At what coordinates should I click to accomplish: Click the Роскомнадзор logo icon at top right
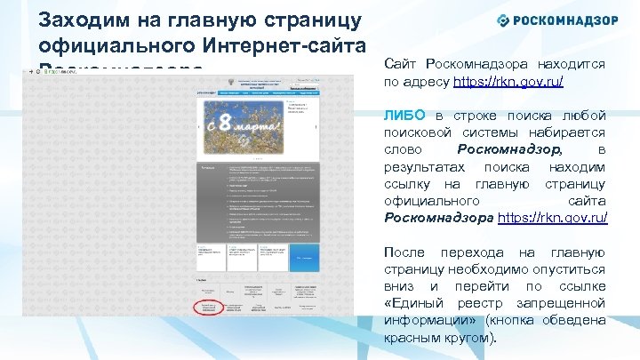coord(503,20)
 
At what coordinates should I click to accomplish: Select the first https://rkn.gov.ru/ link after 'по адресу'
coord(508,81)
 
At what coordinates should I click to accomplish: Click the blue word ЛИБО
coord(405,116)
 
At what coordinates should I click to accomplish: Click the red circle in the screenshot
coord(212,306)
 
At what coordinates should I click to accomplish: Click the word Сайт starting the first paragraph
coord(401,64)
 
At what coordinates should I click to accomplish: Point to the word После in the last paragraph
coord(404,252)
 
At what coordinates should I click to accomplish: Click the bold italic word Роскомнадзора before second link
coord(438,217)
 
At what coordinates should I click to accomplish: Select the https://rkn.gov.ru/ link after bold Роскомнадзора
coord(552,217)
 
